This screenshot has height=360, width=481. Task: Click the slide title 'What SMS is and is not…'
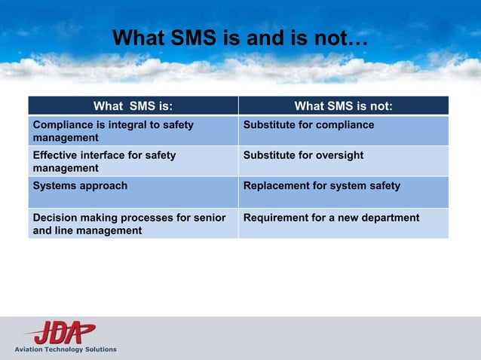click(x=240, y=38)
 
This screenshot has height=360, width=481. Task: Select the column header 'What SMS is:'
click(x=133, y=105)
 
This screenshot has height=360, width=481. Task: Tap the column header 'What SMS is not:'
click(x=343, y=105)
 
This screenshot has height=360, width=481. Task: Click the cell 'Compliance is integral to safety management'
click(x=113, y=131)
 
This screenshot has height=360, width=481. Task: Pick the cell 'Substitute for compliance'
click(x=308, y=125)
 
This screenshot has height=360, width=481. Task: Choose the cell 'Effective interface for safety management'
click(x=104, y=161)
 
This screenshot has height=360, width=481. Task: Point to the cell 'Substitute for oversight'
click(x=303, y=155)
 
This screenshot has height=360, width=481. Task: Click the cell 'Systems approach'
click(x=80, y=185)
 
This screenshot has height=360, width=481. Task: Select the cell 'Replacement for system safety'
click(x=321, y=185)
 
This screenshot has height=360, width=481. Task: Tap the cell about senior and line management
click(x=129, y=224)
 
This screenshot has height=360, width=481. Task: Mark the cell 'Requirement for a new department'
click(x=331, y=218)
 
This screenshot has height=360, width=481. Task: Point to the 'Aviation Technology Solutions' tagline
click(x=66, y=349)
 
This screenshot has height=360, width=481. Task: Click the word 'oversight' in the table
click(x=338, y=155)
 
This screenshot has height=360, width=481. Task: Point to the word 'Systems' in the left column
click(x=53, y=185)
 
